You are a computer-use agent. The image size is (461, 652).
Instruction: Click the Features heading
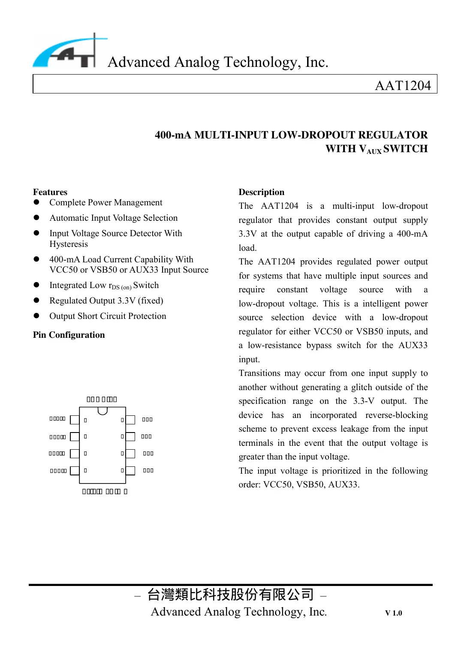(50, 192)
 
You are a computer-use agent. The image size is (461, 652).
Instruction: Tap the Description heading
(261, 192)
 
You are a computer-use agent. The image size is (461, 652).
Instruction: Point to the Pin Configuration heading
(69, 335)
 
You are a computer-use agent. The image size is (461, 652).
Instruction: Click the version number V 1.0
(393, 613)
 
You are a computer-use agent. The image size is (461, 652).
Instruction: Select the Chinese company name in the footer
(230, 595)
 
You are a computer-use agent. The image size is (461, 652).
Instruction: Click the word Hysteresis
(69, 244)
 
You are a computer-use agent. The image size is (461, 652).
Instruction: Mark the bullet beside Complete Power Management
(36, 202)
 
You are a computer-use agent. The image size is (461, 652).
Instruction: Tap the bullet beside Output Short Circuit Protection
(36, 316)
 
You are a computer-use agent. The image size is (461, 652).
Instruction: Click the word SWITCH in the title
(405, 149)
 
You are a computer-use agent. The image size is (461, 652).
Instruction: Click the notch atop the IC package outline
(102, 411)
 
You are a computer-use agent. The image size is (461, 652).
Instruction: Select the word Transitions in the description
(259, 373)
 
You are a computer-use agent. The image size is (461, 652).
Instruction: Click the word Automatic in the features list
(69, 218)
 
